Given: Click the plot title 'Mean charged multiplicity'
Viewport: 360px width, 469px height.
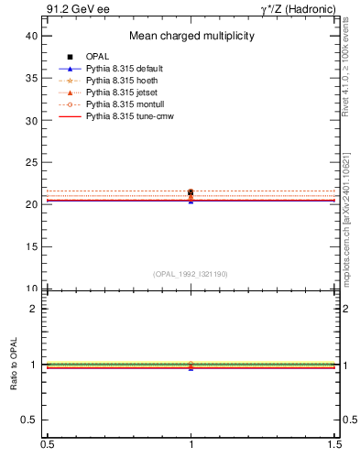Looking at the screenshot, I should (x=191, y=37).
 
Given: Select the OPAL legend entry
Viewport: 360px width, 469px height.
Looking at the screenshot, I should (x=98, y=57).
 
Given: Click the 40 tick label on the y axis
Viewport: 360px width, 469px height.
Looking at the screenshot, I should (x=31, y=36).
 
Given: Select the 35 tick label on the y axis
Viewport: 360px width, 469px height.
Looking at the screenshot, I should (x=31, y=78).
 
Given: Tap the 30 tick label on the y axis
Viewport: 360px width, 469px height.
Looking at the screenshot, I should (x=31, y=120).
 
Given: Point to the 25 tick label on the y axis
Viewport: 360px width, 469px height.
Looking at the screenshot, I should (x=31, y=162).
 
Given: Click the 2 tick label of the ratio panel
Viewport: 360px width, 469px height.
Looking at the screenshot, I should (x=34, y=309).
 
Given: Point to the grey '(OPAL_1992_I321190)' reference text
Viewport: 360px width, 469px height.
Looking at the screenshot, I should (x=191, y=274).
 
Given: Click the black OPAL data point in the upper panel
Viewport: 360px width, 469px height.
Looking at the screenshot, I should (x=191, y=192).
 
